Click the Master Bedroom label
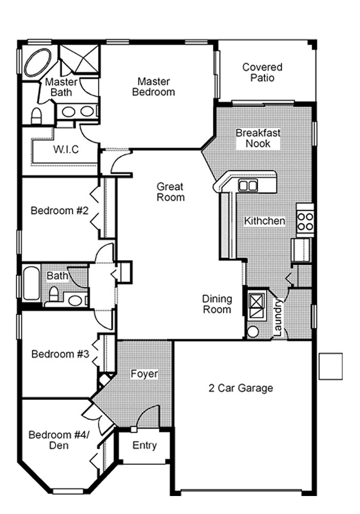(x=153, y=87)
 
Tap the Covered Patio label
(x=262, y=72)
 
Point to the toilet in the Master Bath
(x=37, y=116)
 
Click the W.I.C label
(x=66, y=150)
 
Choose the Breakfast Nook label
(x=258, y=138)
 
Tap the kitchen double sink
(x=248, y=186)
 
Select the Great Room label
(x=170, y=192)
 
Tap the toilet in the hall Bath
(x=53, y=295)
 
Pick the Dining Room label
(x=217, y=304)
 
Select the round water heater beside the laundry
(x=253, y=331)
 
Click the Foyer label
(x=143, y=374)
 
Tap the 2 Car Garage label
(x=241, y=388)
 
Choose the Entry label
(x=144, y=445)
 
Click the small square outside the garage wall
(x=330, y=366)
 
